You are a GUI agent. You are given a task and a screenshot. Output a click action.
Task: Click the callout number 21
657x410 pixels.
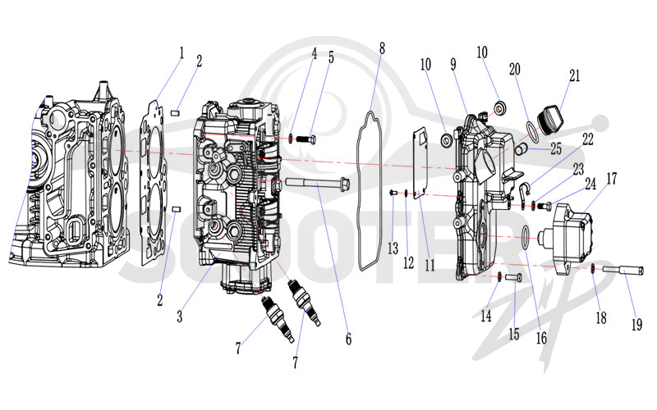click(x=574, y=75)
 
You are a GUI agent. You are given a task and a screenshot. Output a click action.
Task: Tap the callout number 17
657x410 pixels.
click(x=612, y=179)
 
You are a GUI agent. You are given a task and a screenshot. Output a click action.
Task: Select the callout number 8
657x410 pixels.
click(x=382, y=48)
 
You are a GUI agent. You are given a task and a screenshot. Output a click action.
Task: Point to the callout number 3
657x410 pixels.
click(x=179, y=317)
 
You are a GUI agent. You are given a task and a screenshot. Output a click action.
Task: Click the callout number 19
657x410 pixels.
click(x=636, y=324)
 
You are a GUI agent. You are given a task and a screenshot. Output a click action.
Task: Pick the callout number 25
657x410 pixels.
click(x=556, y=148)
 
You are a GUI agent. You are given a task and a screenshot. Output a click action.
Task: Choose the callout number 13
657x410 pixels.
click(x=393, y=248)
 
